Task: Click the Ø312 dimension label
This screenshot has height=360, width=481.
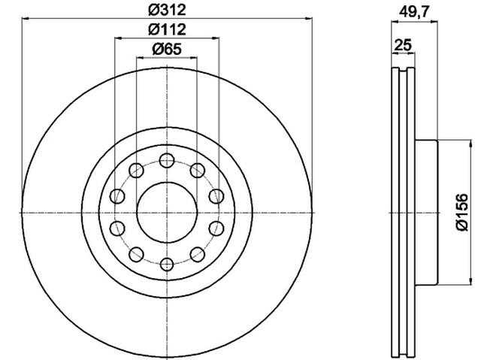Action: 167,10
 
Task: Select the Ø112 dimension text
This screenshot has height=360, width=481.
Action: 167,29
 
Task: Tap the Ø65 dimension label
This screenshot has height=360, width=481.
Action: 167,49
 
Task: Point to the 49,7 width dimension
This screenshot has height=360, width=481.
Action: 414,12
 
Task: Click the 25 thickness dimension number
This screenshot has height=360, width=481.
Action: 403,45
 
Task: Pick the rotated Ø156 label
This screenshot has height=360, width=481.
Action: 462,212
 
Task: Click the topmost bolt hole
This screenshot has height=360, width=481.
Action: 167,160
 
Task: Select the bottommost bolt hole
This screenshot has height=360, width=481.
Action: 167,265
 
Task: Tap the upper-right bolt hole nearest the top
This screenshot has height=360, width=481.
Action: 198,171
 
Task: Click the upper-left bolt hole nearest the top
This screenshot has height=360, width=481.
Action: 136,171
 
